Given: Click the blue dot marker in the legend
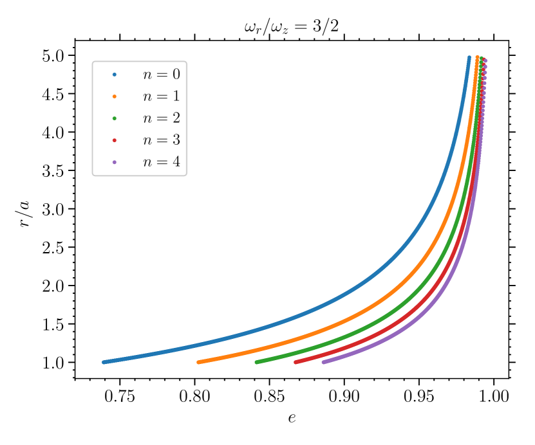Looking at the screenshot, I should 115,75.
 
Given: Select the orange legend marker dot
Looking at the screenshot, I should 115,96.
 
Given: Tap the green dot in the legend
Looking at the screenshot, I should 115,118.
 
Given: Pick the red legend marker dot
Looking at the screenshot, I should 115,140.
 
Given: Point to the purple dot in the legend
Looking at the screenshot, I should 115,162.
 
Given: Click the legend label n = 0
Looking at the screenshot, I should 161,75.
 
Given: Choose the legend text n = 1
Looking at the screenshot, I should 161,96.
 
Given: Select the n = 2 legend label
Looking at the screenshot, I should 161,118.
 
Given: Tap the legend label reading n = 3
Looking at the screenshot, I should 161,140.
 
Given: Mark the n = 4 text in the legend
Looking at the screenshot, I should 161,162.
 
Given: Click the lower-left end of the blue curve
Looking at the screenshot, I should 104,362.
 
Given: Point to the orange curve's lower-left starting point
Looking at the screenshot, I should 198,362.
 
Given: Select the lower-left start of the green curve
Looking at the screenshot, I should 257,362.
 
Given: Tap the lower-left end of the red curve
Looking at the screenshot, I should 296,362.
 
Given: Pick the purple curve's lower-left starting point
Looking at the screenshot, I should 323,362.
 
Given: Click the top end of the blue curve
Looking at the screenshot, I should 469,57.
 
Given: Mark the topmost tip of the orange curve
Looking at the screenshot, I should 477,57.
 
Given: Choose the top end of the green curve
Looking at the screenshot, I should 481,58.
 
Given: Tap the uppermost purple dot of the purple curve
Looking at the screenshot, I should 485,60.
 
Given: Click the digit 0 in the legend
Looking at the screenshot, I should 176,75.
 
